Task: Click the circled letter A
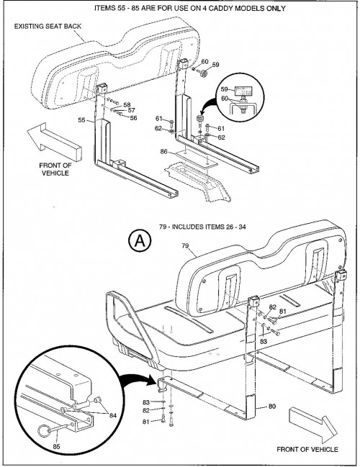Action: pos(140,240)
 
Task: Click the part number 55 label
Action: pos(81,120)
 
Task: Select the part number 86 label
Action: pos(164,152)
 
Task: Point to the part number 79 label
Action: pos(185,245)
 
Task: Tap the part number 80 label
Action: pos(272,407)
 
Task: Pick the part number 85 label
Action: pos(56,446)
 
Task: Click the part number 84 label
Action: pos(112,415)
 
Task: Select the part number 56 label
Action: pos(133,118)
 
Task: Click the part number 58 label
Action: pos(127,105)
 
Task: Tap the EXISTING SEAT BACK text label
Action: pos(48,26)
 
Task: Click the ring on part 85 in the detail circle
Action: pos(44,431)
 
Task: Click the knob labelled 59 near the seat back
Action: pos(204,73)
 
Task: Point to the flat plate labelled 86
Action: pos(197,158)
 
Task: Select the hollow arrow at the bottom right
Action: pos(313,425)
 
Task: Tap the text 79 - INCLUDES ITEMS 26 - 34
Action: pos(202,227)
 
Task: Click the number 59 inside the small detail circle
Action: pos(225,89)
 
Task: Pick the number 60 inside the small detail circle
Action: pos(225,99)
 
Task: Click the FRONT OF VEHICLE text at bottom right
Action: pos(307,450)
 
